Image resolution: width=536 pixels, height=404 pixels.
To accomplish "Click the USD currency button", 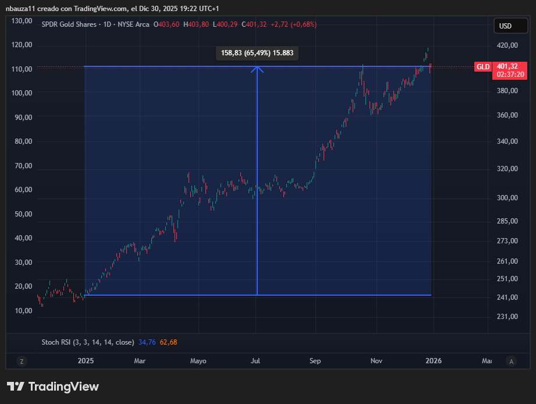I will tap(505, 26).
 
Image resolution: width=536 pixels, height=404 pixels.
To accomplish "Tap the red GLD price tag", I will tap(483, 67).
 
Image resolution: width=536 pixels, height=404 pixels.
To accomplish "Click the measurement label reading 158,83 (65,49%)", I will tap(257, 53).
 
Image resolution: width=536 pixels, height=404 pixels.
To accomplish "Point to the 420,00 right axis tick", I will tap(502, 45).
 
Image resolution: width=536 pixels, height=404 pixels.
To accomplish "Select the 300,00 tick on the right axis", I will tap(502, 198).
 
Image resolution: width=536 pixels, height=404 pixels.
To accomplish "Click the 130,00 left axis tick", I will tap(22, 21).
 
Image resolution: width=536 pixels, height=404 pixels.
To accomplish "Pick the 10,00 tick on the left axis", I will tap(24, 311).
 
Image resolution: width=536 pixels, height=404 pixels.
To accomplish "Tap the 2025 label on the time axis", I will tap(86, 361).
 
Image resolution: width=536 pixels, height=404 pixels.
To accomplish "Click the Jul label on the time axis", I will tap(255, 361).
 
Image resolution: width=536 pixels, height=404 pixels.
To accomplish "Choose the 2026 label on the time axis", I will tap(434, 361).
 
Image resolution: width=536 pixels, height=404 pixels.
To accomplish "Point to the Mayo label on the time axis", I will tap(198, 361).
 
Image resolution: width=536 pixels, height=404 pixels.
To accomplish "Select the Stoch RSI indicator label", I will tap(87, 342).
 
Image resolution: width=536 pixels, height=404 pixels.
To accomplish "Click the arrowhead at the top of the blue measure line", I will tap(257, 69).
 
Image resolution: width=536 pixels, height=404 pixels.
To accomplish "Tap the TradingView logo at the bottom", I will tap(52, 387).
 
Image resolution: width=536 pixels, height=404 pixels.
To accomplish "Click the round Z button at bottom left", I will tap(22, 361).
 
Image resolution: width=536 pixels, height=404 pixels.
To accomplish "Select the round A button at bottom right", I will tap(511, 361).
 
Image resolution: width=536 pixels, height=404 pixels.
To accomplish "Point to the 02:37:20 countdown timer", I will tap(509, 75).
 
